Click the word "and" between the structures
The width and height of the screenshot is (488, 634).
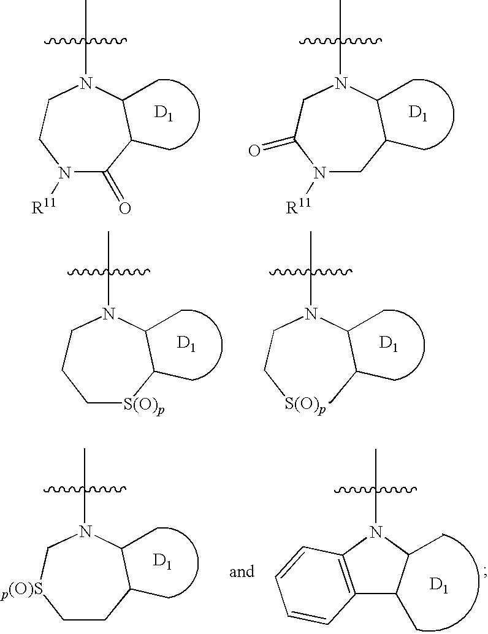[242, 572]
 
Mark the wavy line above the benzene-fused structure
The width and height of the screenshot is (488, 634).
[376, 489]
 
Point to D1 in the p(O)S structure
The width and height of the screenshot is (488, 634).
[164, 560]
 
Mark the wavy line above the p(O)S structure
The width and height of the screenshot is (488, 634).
[86, 489]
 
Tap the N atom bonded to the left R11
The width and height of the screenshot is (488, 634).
[61, 174]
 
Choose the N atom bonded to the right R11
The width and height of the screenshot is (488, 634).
[318, 174]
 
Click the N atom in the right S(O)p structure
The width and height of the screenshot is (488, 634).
[311, 315]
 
